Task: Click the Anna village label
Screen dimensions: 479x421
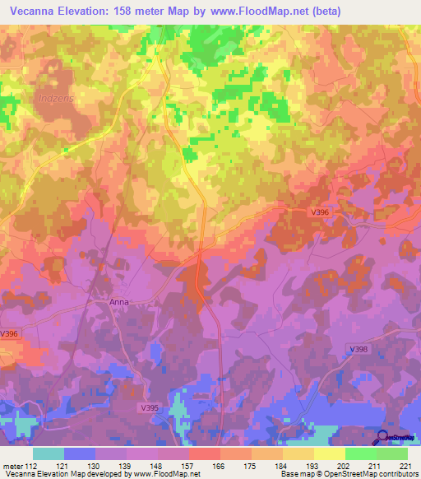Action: [x=119, y=302]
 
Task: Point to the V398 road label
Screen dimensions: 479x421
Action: [x=359, y=350]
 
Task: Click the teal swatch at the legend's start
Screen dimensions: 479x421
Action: [x=49, y=453]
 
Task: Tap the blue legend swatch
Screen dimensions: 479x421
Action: [x=80, y=453]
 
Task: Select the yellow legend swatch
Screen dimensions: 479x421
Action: [x=330, y=453]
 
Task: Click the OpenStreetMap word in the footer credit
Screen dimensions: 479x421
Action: [x=355, y=474]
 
